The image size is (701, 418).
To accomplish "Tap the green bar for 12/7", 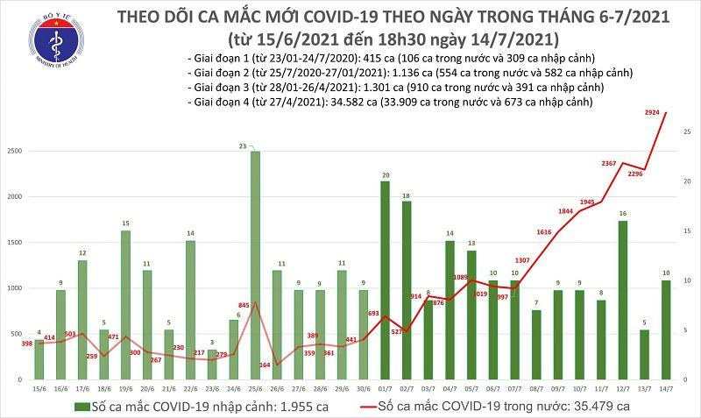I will tap(622, 299).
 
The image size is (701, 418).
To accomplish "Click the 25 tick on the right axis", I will tap(688, 131).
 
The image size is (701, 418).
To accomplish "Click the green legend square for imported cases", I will tap(80, 406).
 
